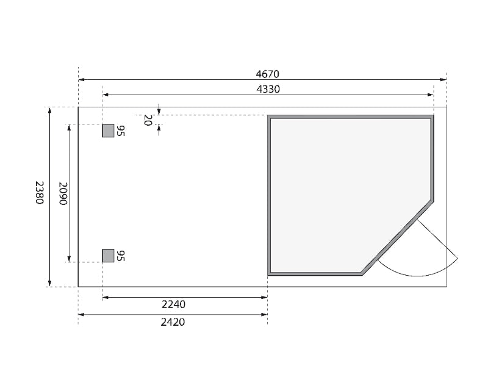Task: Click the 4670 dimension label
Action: [267, 74]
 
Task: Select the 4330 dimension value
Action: [268, 89]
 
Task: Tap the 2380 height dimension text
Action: [40, 193]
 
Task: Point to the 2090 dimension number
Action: [63, 193]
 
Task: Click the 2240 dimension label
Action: [173, 304]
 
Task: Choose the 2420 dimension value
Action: [173, 322]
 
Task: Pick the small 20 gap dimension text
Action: [148, 120]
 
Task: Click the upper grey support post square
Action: [109, 131]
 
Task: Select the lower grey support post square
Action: [109, 256]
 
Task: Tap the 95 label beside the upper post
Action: [120, 131]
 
